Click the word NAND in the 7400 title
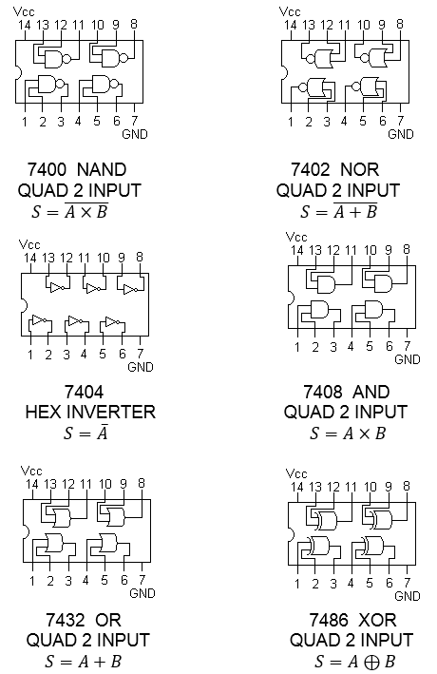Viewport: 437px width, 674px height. coord(102,169)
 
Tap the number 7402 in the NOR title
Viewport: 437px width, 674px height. coord(310,169)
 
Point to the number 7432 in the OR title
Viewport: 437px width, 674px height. coord(66,620)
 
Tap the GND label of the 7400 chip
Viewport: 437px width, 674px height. coord(135,135)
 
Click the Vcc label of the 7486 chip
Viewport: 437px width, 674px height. coord(296,473)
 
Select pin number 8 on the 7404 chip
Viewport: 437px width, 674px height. coord(140,257)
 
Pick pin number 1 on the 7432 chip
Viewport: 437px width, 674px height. coord(31,581)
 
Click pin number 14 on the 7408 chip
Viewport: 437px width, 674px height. coord(297,250)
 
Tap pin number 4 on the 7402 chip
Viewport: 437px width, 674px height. coord(344,122)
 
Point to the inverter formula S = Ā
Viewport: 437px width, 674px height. coord(85,432)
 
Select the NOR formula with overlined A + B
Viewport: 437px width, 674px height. coord(338,210)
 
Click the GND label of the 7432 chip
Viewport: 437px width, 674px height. coord(142,593)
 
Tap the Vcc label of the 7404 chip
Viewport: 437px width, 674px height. coord(29,244)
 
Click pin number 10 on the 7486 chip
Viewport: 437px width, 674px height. coord(370,487)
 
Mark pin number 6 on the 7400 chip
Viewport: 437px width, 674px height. coord(117,122)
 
